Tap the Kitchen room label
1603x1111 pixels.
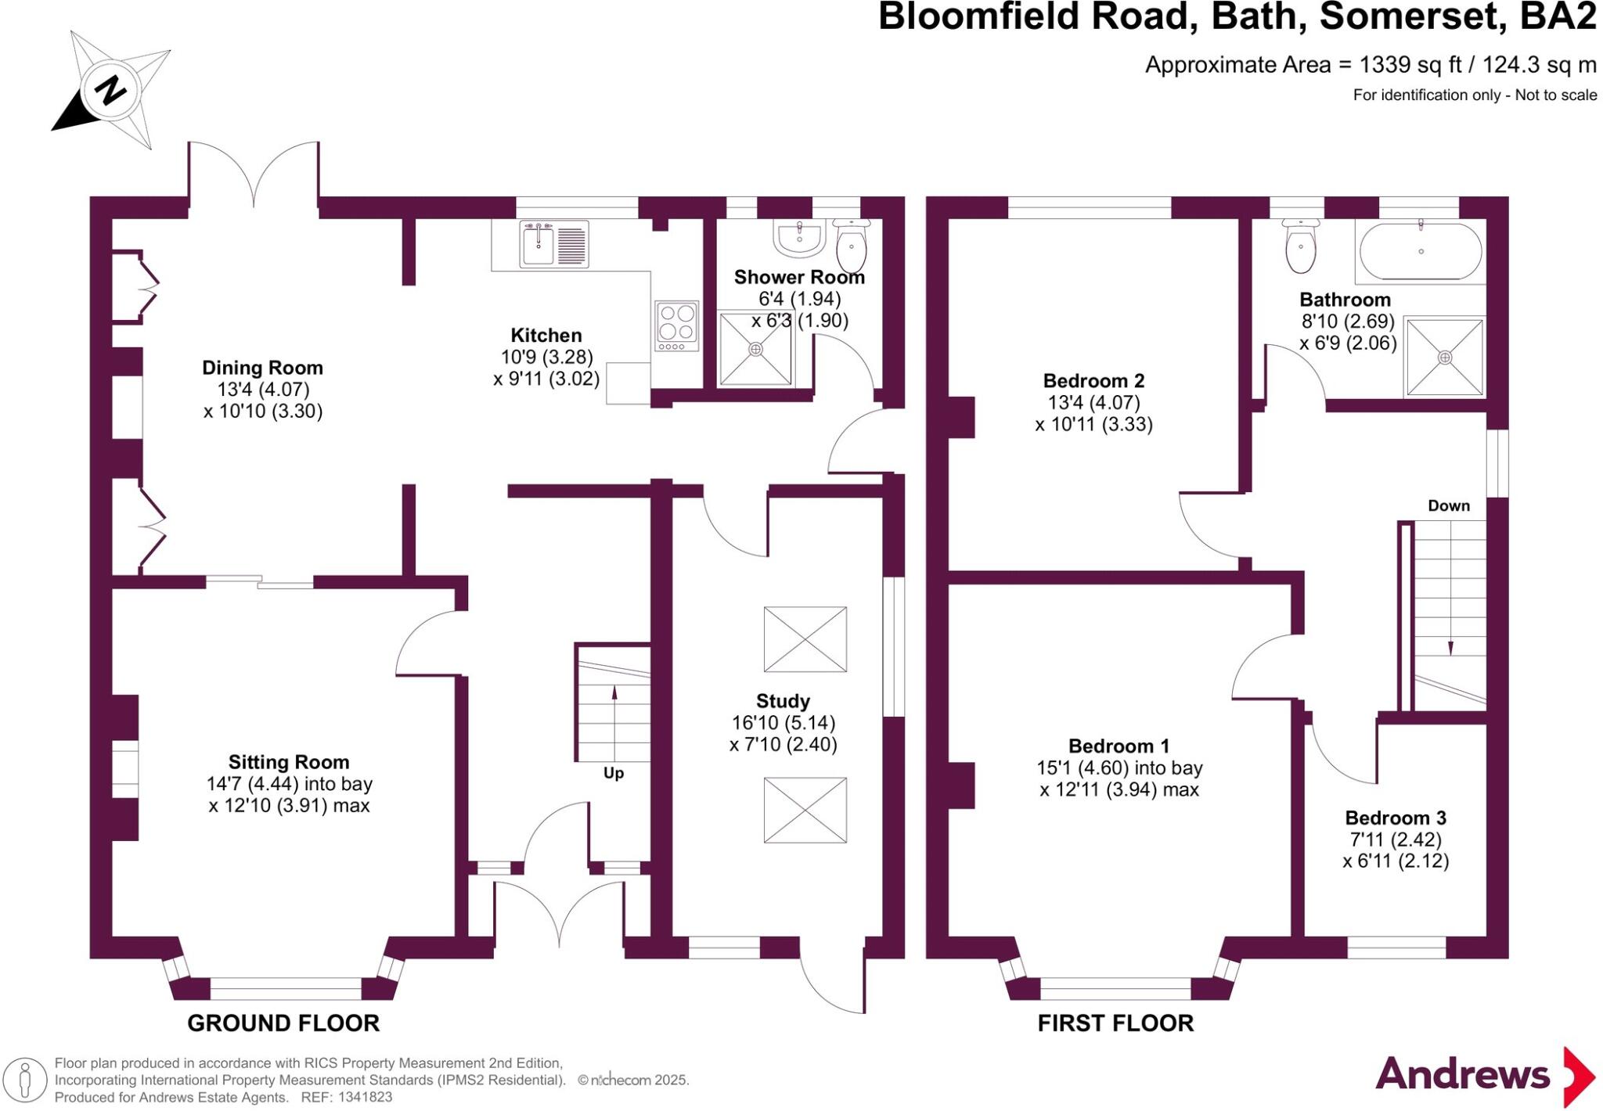(x=546, y=336)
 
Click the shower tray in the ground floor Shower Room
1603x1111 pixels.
(x=755, y=349)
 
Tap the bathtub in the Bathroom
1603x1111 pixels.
(x=1421, y=251)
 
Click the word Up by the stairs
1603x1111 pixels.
(x=613, y=773)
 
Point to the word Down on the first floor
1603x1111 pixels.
(x=1449, y=505)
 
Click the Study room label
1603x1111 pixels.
(x=783, y=701)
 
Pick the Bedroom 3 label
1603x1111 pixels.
(x=1396, y=818)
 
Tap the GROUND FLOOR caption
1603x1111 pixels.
(x=283, y=1023)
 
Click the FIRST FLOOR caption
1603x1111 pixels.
(x=1115, y=1023)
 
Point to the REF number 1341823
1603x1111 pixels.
(x=365, y=1098)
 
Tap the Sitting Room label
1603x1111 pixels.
(x=289, y=762)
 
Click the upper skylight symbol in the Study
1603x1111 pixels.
(x=805, y=639)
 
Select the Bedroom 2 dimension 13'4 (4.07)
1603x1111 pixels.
(x=1093, y=403)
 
